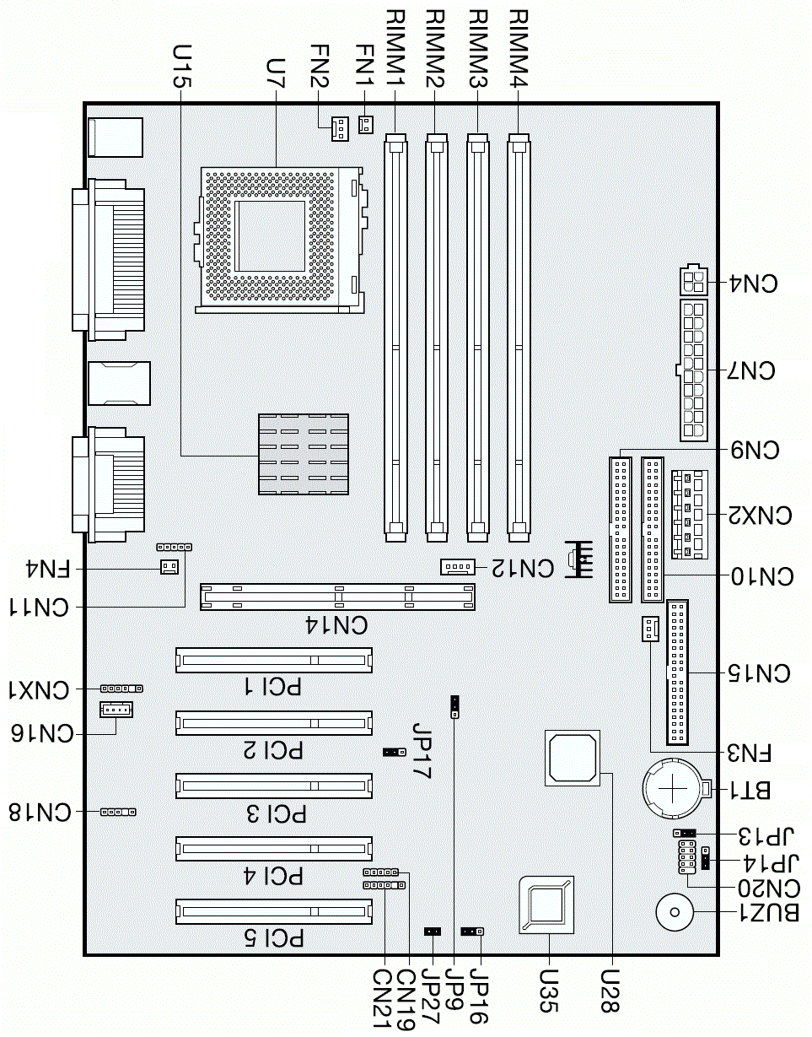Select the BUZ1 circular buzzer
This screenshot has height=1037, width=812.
tap(674, 911)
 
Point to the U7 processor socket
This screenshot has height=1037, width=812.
tap(279, 238)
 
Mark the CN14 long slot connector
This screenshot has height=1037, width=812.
tap(337, 597)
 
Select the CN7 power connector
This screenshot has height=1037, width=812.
tap(694, 370)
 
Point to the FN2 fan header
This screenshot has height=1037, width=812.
tap(339, 128)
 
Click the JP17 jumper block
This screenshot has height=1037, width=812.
tap(391, 751)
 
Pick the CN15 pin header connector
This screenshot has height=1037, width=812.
tap(677, 672)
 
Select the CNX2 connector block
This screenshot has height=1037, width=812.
tap(687, 515)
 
